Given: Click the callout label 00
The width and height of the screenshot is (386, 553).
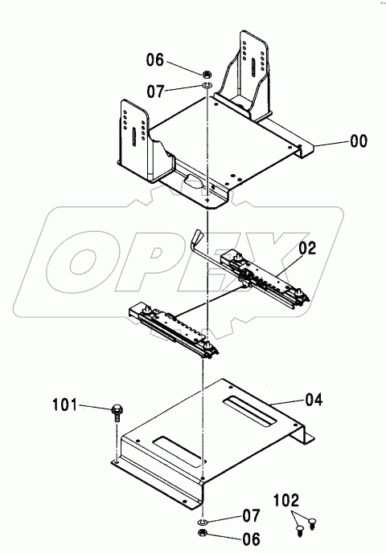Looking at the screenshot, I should coord(359,142).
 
